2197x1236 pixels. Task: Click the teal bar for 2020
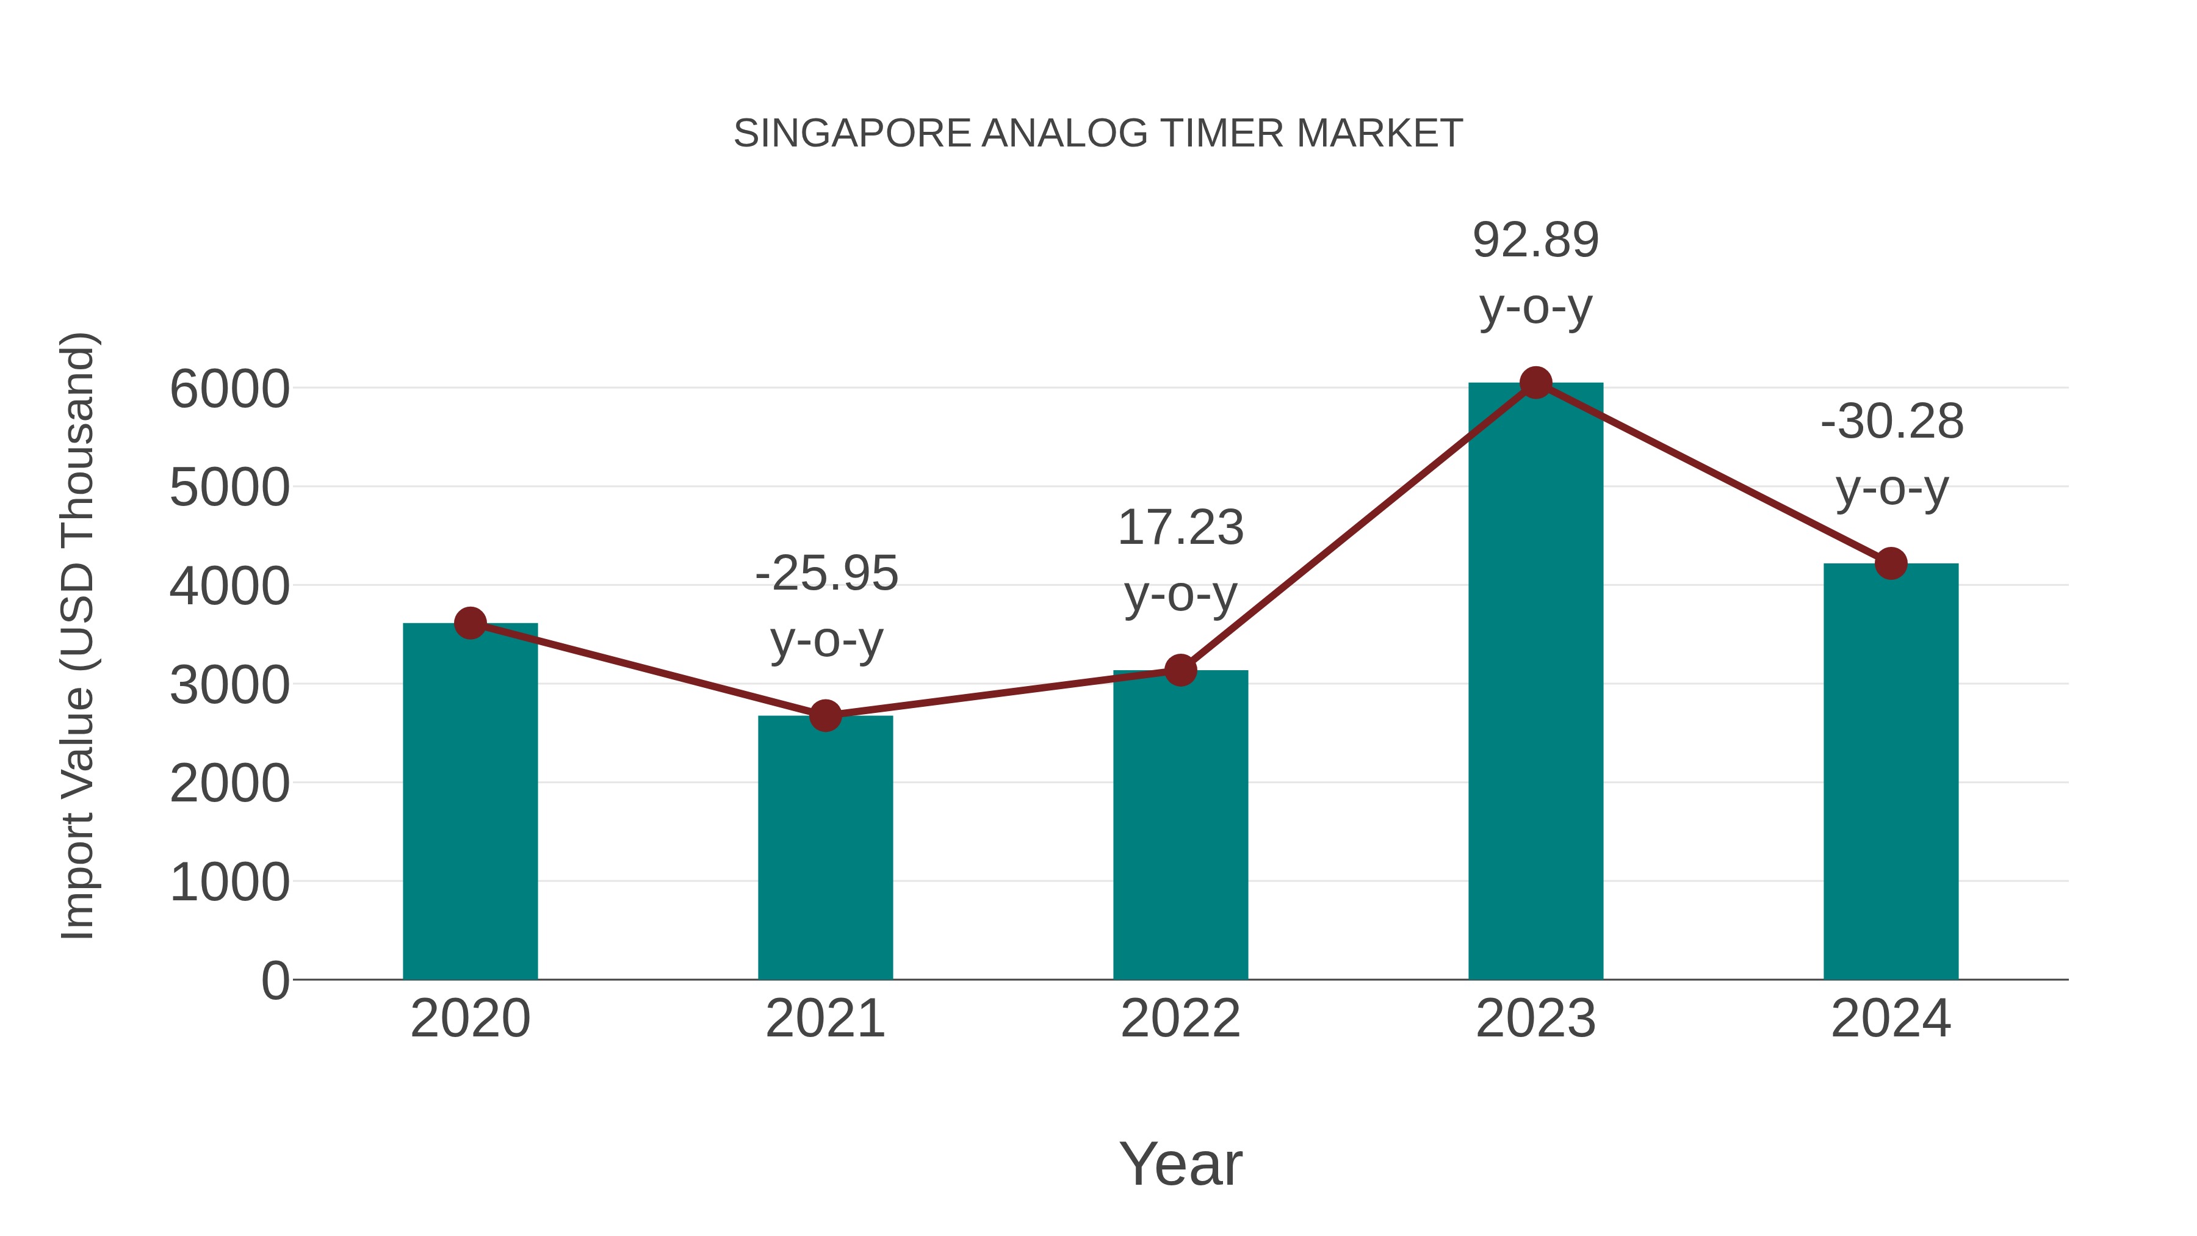(x=470, y=802)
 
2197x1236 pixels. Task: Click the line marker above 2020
(x=470, y=624)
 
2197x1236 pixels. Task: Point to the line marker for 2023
(x=1535, y=383)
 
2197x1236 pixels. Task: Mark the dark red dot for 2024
(x=1891, y=563)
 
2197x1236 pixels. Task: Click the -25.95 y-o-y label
(x=826, y=573)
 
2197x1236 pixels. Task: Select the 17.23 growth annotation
(x=1180, y=528)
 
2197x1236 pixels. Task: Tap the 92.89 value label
(x=1535, y=240)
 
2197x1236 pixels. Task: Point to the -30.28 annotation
(x=1892, y=422)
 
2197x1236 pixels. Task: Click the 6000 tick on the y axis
(x=229, y=390)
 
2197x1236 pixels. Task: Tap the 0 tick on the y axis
(x=275, y=981)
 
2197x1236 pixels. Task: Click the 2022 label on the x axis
(x=1180, y=1019)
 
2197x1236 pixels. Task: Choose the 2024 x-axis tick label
(x=1891, y=1019)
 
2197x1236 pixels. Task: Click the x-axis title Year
(x=1180, y=1165)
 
